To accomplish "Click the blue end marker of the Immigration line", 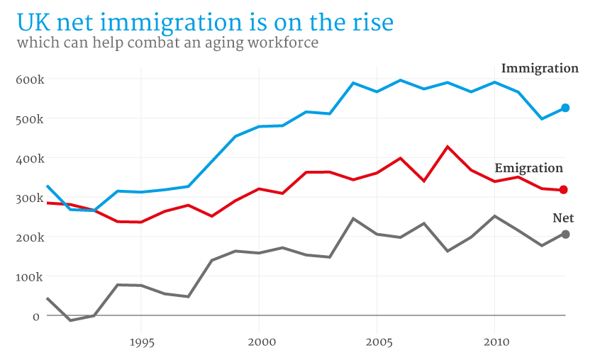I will pyautogui.click(x=565, y=108).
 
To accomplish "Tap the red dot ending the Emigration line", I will pyautogui.click(x=565, y=190).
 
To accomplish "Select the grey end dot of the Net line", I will pyautogui.click(x=565, y=235).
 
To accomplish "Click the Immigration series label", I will pyautogui.click(x=540, y=69).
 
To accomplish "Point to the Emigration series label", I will pyautogui.click(x=528, y=169).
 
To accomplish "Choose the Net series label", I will pyautogui.click(x=563, y=218).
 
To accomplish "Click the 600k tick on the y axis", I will pyautogui.click(x=30, y=79).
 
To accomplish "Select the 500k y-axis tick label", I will pyautogui.click(x=30, y=119).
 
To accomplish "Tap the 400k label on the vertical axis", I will pyautogui.click(x=30, y=159).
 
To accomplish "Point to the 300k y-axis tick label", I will pyautogui.click(x=30, y=198).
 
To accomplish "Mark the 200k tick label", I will pyautogui.click(x=30, y=237).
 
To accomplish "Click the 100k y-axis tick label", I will pyautogui.click(x=30, y=277).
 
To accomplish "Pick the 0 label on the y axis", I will pyautogui.click(x=36, y=316).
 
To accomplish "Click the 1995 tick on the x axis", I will pyautogui.click(x=141, y=342).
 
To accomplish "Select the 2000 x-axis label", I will pyautogui.click(x=260, y=342).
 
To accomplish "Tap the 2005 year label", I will pyautogui.click(x=377, y=342).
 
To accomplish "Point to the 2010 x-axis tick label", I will pyautogui.click(x=496, y=342).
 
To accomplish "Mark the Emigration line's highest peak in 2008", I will pyautogui.click(x=447, y=147).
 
